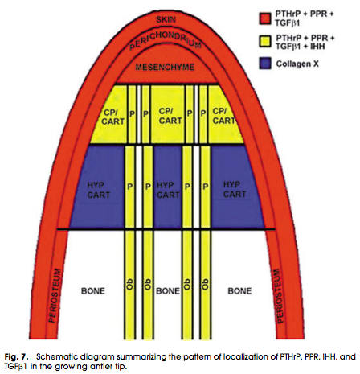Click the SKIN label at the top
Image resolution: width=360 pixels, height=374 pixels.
point(166,19)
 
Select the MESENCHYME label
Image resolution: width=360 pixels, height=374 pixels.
point(165,67)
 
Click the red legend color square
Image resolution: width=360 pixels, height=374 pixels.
point(265,18)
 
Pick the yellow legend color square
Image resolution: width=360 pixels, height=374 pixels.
point(265,42)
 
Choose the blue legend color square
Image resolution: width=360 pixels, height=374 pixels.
point(265,64)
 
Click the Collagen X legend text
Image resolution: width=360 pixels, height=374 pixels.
point(297,64)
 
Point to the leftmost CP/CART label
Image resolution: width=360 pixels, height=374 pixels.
point(112,117)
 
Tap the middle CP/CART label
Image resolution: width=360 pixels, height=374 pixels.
point(170,116)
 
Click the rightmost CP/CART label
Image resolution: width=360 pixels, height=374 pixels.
point(223,116)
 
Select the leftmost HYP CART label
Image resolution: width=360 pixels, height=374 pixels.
point(99,190)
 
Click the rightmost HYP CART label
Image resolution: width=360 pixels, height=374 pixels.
point(235,189)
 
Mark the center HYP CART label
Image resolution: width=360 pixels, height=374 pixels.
point(168,190)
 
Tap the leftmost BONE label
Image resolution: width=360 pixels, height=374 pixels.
point(93,291)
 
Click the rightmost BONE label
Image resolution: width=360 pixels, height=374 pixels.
point(239,291)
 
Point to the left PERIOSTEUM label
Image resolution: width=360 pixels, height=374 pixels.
point(55,296)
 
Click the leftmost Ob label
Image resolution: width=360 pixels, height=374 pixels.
point(129,284)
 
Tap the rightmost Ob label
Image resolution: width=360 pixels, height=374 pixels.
point(205,284)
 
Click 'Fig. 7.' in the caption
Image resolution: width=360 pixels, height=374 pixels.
point(16,357)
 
